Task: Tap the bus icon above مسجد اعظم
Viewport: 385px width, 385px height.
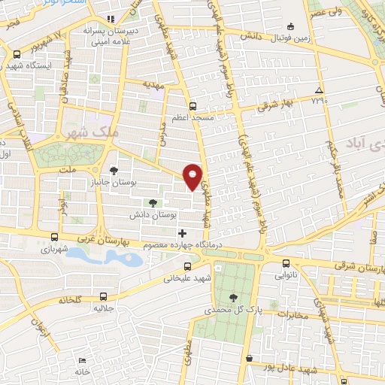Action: point(192,106)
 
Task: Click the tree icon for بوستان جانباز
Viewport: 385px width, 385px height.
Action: point(114,170)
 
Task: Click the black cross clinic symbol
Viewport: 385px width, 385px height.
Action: point(182,234)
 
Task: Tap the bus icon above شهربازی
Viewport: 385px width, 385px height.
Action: point(53,236)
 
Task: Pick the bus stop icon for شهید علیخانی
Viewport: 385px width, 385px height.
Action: point(187,265)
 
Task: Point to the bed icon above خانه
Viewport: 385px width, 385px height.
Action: point(82,360)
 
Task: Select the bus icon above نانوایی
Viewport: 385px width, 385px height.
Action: point(286,263)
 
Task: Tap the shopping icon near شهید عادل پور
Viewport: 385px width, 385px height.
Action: point(249,359)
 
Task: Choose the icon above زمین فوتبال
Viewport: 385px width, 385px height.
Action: point(293,24)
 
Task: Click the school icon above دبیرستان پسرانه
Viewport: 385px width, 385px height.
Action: point(111,19)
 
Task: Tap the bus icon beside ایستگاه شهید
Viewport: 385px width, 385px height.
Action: point(17,53)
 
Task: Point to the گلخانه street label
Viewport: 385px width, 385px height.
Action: point(66,299)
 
